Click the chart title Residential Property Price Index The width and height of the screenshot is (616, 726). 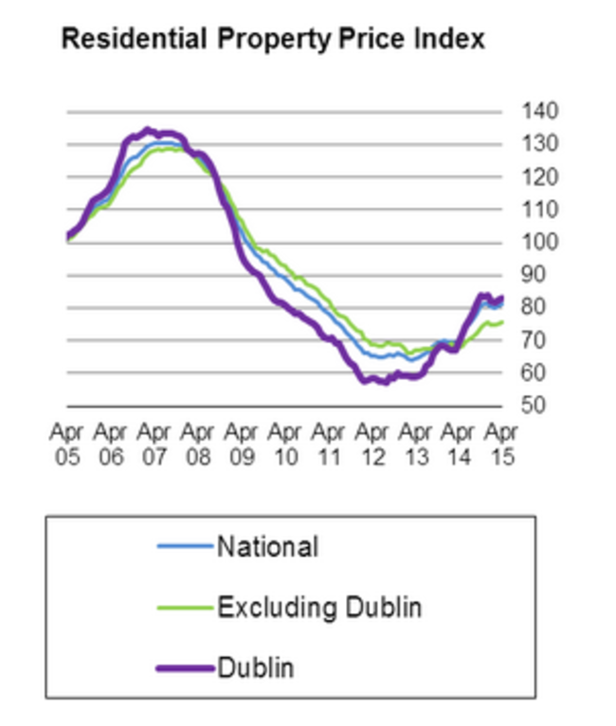coord(273,40)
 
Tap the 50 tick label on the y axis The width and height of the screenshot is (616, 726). coord(534,406)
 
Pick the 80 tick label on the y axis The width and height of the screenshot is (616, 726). coord(534,307)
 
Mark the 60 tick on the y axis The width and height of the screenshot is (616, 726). coord(534,372)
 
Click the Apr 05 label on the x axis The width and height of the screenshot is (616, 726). coord(66,445)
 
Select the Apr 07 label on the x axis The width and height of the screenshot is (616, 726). coord(154,445)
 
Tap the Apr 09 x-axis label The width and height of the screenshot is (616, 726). coord(241,445)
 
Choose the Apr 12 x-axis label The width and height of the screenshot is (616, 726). coord(371,445)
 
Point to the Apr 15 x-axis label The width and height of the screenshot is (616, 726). coord(501,445)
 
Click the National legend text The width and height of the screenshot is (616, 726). coord(267,547)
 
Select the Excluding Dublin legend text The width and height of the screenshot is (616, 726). coord(319,607)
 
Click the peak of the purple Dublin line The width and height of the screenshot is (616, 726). coord(146,130)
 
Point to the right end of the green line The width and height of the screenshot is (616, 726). coord(501,322)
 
